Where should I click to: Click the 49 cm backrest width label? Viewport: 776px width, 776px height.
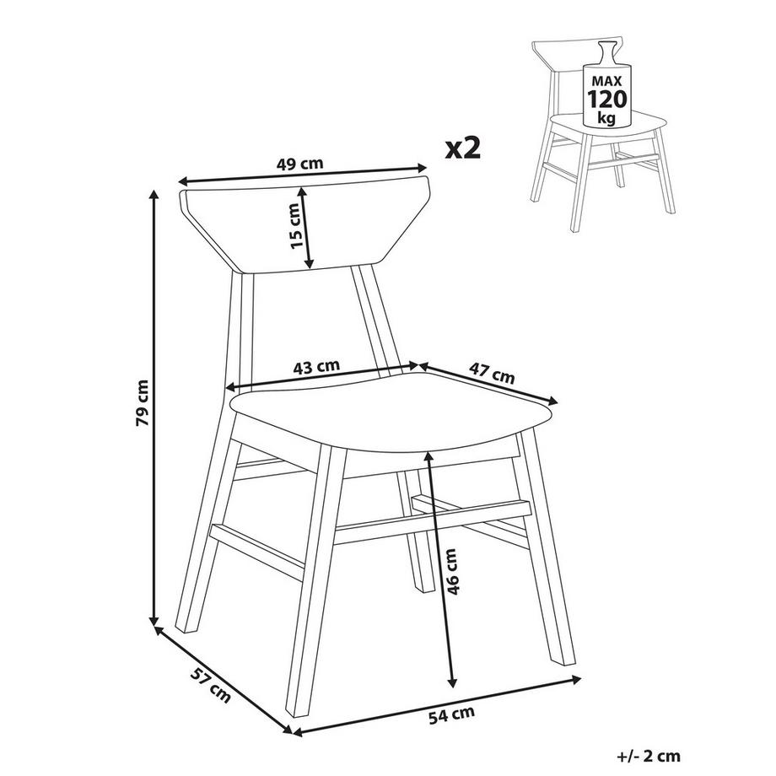300,164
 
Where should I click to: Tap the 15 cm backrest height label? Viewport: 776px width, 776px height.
295,226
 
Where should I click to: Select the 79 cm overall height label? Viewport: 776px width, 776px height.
142,403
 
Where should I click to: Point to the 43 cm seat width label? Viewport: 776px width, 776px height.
317,367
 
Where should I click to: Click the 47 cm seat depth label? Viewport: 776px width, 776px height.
492,374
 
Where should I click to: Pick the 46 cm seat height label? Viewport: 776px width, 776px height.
452,571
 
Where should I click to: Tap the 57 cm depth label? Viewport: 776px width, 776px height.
211,685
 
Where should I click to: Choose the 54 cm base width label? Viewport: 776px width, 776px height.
451,714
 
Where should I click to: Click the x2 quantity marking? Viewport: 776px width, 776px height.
463,148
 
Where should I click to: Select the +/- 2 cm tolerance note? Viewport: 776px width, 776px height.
649,757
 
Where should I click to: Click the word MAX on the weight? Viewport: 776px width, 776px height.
606,81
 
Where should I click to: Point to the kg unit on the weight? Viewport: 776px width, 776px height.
606,118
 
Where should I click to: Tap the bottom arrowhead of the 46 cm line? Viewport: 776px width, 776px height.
451,682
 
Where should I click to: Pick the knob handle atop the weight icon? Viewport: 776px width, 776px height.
606,51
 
